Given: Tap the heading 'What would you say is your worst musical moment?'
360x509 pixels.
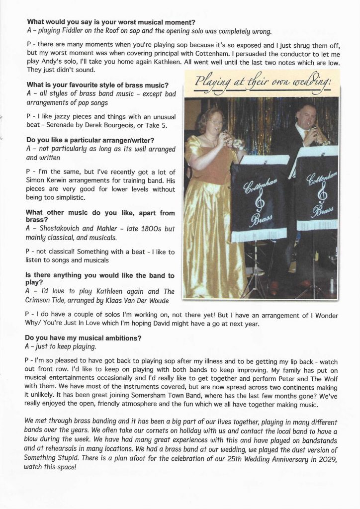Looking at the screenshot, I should tap(111, 22).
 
